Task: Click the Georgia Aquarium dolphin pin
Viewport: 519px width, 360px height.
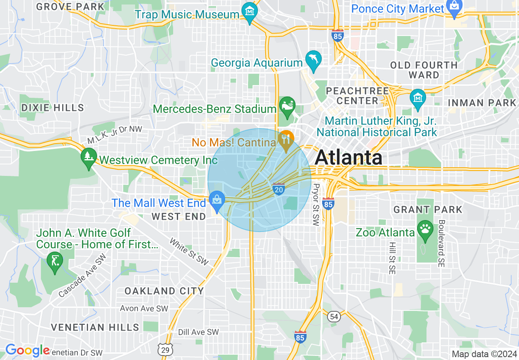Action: (314, 60)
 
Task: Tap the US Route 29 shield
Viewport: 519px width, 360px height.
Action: (166, 350)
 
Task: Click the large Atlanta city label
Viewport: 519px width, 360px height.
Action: (349, 157)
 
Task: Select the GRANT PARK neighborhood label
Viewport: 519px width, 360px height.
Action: (428, 210)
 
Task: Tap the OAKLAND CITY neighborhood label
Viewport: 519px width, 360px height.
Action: (164, 291)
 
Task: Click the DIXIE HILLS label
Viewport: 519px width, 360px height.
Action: (52, 108)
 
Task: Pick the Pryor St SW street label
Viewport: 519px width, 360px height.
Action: (316, 205)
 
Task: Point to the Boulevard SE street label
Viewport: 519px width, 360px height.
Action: (441, 243)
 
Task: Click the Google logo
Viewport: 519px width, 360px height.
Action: (27, 351)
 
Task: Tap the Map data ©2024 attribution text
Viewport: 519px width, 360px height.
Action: (484, 354)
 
